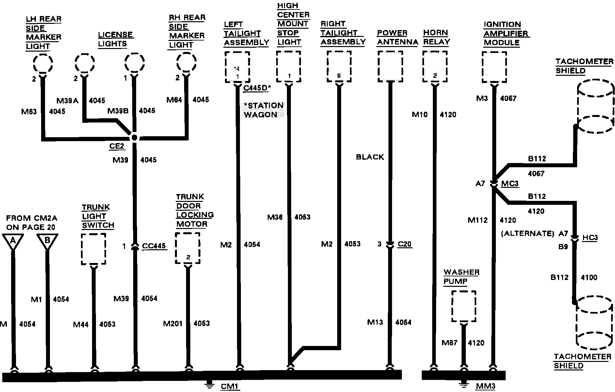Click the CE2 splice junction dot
134,138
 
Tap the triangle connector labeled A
13,241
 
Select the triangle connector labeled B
47,241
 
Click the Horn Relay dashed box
434,67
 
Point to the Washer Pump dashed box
464,306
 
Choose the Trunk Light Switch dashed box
93,249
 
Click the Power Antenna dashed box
390,67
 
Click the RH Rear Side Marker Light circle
186,62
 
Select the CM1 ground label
230,386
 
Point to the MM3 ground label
485,386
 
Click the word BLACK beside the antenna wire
370,157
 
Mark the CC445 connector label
154,246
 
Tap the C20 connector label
404,244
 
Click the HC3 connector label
590,237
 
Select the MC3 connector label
510,184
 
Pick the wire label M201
173,324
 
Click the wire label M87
449,343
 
